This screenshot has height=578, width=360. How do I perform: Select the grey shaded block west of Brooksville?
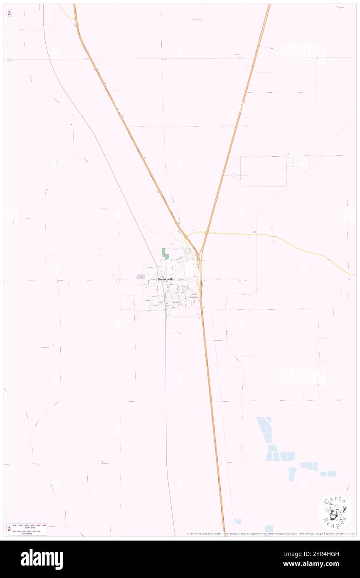[141, 277]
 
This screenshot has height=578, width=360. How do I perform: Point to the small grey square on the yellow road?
[254, 232]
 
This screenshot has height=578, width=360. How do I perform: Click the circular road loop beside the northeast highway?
[233, 175]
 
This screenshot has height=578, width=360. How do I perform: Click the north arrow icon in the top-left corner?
[9, 13]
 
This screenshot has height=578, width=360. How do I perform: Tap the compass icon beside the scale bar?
[9, 529]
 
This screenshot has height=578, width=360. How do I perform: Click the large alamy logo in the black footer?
[42, 559]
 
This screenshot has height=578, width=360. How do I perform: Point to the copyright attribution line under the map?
[270, 534]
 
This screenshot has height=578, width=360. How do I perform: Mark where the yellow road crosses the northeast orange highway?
[207, 232]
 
